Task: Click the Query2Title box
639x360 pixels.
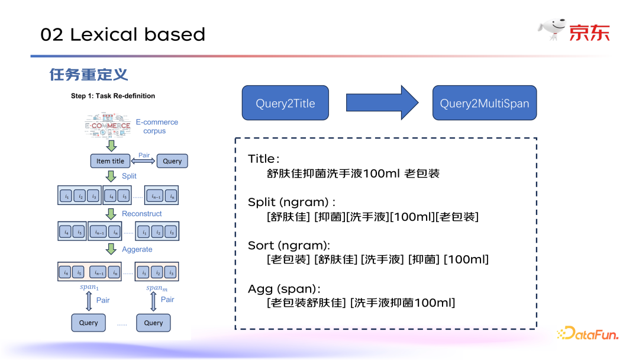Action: tap(285, 104)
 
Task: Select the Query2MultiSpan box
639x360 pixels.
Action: tap(484, 104)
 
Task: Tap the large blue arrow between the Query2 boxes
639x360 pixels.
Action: tap(382, 103)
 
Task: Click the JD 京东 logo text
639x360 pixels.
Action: tap(589, 33)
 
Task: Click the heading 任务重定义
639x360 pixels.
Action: tap(89, 75)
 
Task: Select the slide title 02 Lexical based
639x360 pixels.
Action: tap(122, 34)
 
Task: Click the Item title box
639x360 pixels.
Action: tap(111, 161)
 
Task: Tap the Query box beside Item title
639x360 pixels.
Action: tap(172, 161)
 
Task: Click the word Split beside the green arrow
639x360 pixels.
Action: tap(129, 176)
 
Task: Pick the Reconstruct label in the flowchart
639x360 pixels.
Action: tap(141, 214)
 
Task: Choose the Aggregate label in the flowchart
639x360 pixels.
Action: tap(137, 249)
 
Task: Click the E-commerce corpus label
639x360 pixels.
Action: tap(156, 126)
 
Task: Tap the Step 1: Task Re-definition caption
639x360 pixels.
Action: tap(113, 96)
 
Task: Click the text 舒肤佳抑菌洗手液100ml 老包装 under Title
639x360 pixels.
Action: tap(353, 174)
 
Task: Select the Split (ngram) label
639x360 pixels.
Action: tap(292, 202)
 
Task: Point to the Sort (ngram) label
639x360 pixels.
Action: tap(289, 245)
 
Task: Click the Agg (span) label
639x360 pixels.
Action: tap(284, 289)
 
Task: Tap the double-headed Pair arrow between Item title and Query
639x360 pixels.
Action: tap(144, 161)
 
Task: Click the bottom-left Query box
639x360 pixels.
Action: tap(89, 323)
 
